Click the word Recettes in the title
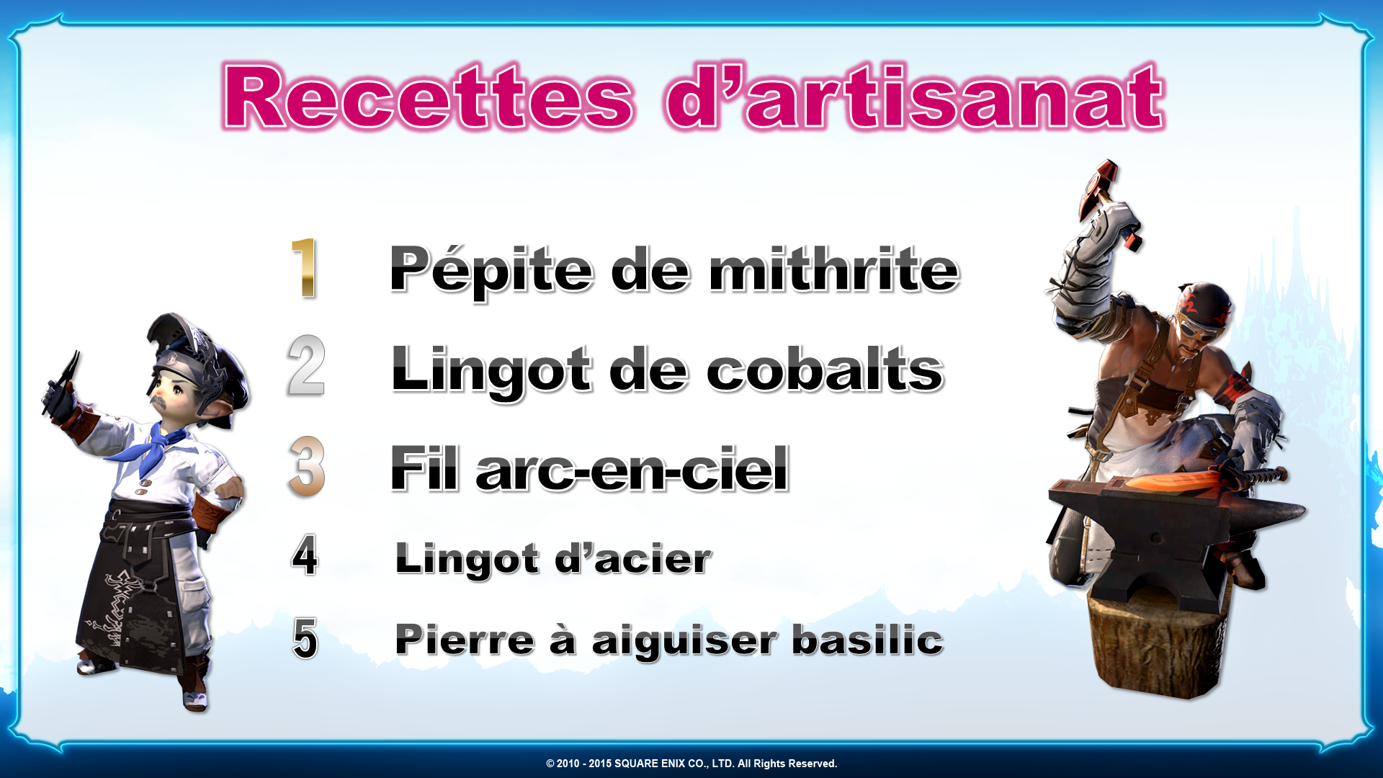(x=429, y=97)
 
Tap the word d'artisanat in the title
(x=915, y=97)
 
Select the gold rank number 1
(x=305, y=268)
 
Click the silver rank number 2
(x=306, y=365)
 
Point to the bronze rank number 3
(x=307, y=466)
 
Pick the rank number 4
(x=305, y=555)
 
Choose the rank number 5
(x=305, y=638)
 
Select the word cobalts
(x=825, y=369)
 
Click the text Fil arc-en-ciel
(x=589, y=468)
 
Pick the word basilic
(x=867, y=639)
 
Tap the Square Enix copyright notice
(x=691, y=764)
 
